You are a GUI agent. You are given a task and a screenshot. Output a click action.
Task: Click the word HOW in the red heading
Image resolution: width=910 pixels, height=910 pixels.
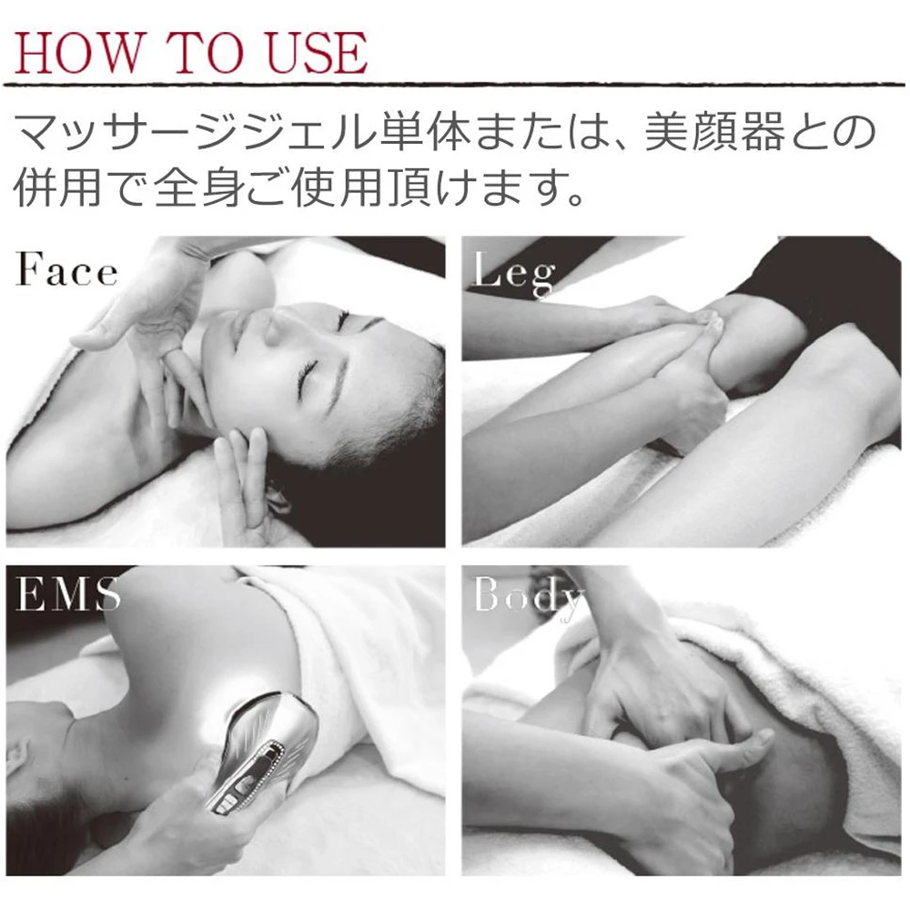tap(76, 54)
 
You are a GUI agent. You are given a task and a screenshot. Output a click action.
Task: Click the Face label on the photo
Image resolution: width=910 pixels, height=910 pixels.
tap(66, 269)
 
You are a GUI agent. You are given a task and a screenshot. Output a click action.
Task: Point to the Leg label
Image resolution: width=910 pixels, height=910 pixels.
tap(514, 273)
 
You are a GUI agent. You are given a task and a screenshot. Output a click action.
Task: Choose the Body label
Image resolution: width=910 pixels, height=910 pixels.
tap(528, 598)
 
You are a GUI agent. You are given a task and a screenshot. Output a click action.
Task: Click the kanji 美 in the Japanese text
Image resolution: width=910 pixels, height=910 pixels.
tap(668, 132)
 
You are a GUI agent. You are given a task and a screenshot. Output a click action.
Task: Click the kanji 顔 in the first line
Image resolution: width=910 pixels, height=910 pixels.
tap(715, 132)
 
